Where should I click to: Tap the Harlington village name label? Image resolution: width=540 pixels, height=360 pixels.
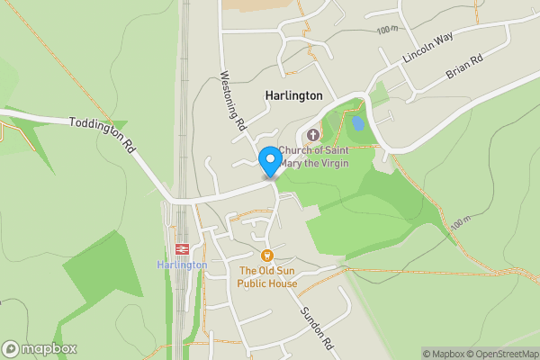293,94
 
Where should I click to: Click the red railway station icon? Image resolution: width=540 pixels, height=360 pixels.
181,249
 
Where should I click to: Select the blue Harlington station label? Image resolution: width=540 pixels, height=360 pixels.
182,265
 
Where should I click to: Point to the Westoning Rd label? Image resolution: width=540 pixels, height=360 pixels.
232,103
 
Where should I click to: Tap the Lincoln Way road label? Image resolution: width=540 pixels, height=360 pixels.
428,52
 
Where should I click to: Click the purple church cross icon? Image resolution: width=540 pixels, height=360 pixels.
313,134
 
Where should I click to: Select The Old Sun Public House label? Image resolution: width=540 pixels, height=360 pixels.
267,276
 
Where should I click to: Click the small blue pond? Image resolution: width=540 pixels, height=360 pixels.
357,122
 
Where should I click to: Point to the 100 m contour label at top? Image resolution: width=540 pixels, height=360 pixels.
388,30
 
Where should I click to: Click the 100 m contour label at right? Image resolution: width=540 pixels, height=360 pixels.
461,221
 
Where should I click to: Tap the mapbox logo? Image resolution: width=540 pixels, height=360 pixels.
40,348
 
